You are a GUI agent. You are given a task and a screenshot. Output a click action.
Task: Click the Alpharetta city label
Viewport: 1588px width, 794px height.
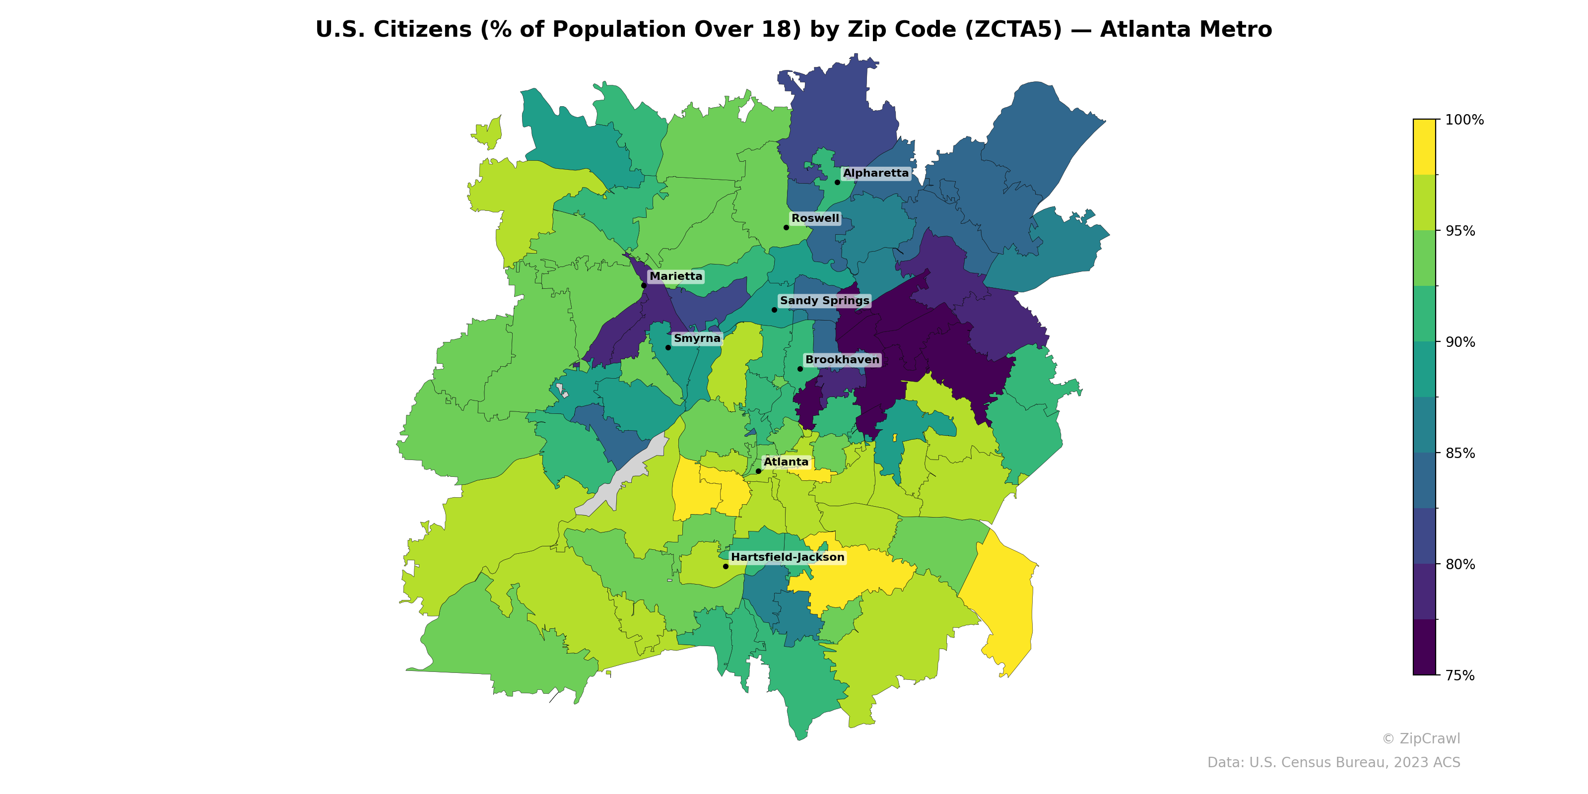click(875, 173)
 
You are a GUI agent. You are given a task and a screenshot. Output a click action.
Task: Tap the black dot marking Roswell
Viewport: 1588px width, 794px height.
click(786, 227)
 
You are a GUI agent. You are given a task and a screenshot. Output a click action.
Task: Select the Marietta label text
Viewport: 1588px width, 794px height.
click(675, 276)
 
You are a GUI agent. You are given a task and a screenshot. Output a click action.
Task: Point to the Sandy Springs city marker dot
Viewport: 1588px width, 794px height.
click(774, 310)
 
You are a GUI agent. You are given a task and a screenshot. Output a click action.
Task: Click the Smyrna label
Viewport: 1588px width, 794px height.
click(697, 338)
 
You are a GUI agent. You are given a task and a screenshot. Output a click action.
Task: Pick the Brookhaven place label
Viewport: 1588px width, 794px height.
click(842, 359)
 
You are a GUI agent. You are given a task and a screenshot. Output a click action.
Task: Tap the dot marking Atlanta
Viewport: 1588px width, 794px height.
click(758, 471)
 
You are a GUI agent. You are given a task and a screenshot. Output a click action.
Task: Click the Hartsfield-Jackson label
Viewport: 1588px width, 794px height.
click(787, 557)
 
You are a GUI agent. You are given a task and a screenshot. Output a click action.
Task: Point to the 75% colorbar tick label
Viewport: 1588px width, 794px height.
click(1460, 675)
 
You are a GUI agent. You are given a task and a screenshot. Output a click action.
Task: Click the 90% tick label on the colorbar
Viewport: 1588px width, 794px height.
click(1460, 342)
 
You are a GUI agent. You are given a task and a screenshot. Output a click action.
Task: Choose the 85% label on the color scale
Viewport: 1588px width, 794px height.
click(1460, 453)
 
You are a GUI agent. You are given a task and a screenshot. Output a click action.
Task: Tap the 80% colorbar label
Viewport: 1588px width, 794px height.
click(1460, 564)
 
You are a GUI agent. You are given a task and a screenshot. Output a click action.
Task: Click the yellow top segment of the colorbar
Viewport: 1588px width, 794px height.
click(1424, 147)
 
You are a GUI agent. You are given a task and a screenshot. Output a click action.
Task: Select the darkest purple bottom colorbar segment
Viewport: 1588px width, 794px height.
click(1424, 647)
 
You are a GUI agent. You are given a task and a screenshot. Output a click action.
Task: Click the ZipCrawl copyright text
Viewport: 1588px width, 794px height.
click(1420, 738)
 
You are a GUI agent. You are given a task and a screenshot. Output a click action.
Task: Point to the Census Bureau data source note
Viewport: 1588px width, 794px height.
click(1333, 763)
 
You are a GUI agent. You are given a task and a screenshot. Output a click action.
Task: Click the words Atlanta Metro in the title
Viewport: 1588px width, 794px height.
click(1186, 30)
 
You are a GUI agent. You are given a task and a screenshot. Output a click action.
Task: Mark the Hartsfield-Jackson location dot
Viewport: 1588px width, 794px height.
click(726, 566)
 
